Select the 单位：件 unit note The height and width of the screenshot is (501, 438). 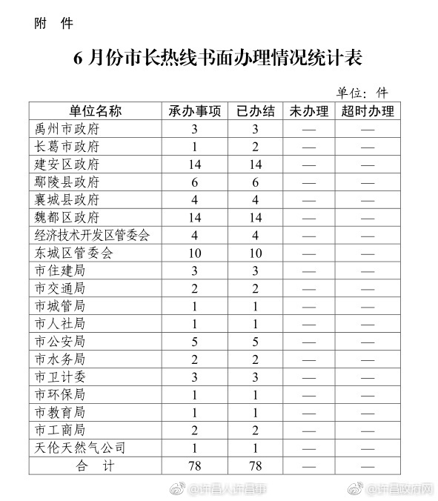tap(362, 93)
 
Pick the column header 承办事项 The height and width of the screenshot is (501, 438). tap(195, 112)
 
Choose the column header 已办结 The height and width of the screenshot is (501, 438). tap(256, 112)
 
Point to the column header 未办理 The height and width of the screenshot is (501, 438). tap(309, 112)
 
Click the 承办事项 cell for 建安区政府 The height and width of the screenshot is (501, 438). tap(195, 165)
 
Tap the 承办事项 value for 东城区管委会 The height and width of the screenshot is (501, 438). tap(195, 253)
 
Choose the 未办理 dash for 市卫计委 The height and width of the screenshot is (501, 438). tap(309, 376)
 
